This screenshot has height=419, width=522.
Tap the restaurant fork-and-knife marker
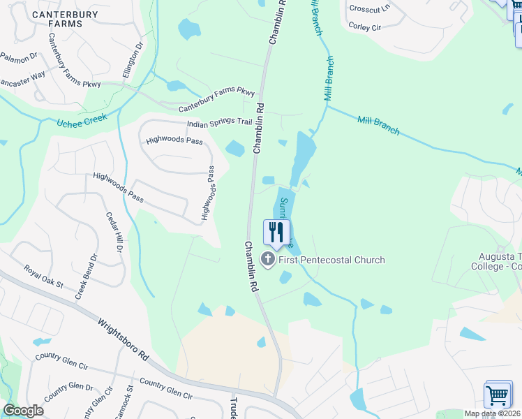(x=277, y=233)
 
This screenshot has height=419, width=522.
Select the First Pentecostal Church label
(x=331, y=260)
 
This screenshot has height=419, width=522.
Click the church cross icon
(x=267, y=260)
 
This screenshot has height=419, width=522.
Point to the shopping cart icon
(x=498, y=395)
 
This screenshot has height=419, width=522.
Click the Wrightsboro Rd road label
(x=124, y=340)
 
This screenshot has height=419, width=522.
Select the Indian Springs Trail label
(x=218, y=123)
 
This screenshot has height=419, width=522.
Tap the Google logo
(x=24, y=411)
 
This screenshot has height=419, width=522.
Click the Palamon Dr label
(x=18, y=59)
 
